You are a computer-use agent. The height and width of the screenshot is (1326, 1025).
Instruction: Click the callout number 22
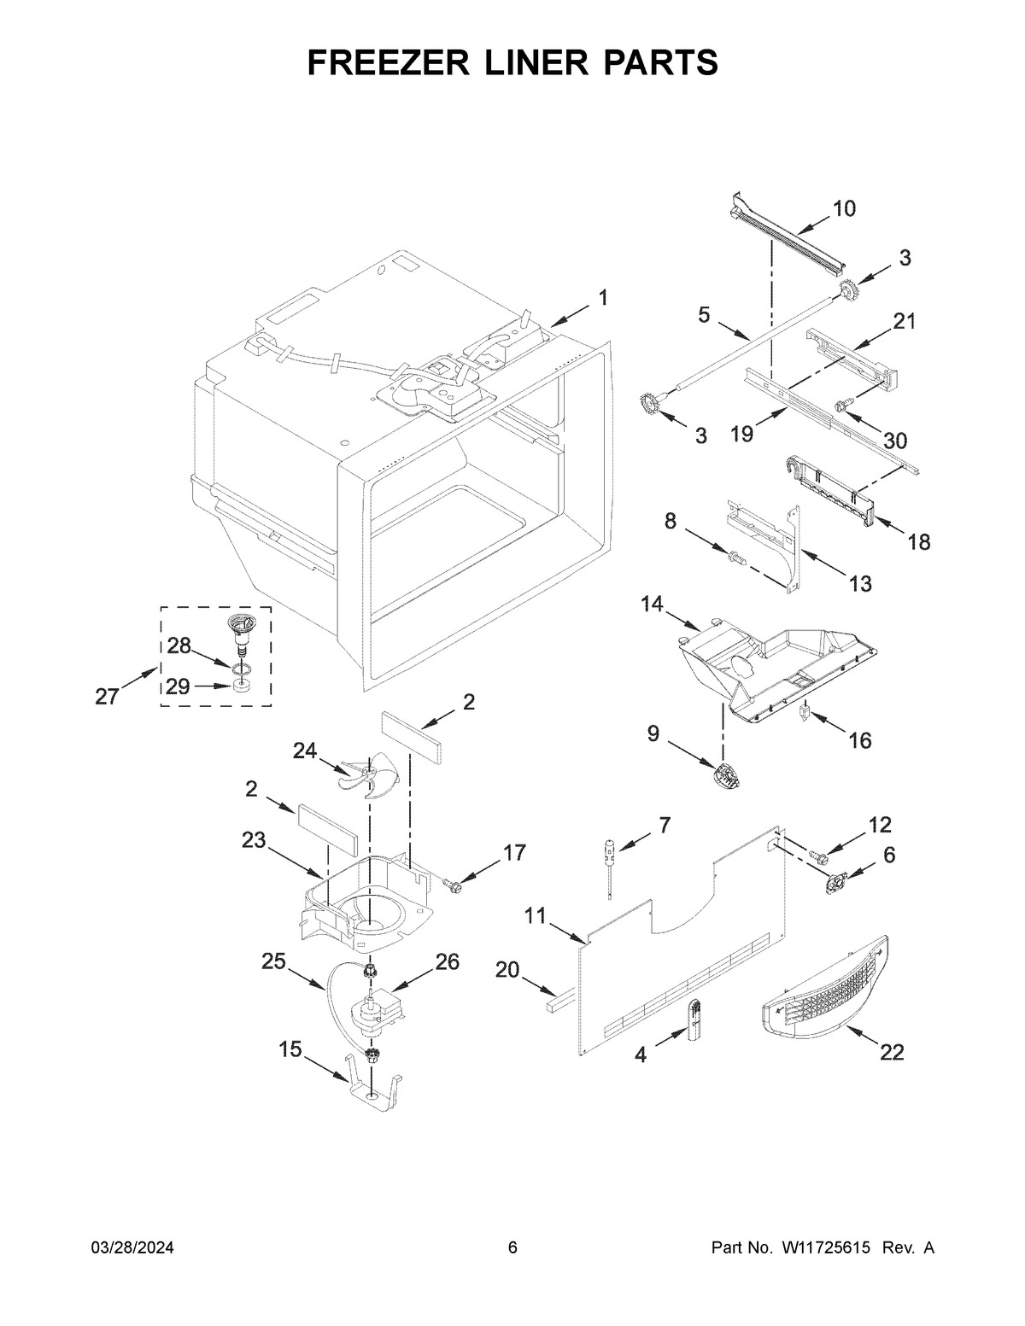[891, 1053]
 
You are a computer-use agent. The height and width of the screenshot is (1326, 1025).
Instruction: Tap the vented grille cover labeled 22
[824, 984]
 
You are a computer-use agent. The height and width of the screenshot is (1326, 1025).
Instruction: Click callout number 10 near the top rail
[844, 208]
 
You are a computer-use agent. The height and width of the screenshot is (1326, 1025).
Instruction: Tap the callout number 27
[106, 697]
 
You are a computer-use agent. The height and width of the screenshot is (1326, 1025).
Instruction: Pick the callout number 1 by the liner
[603, 298]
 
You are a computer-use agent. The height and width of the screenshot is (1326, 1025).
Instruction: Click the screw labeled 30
[840, 408]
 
